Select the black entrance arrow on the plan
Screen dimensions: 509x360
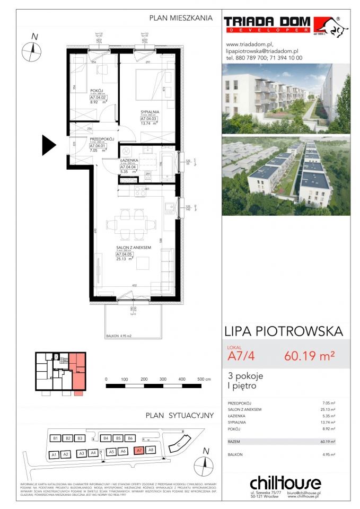49,143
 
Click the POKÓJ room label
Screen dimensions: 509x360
96,91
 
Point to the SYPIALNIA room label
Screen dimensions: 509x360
150,112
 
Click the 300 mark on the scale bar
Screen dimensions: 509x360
162,380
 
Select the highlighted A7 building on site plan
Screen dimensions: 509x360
139,451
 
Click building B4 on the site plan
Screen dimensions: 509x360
106,438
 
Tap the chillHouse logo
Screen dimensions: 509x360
285,483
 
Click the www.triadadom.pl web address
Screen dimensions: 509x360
249,45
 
